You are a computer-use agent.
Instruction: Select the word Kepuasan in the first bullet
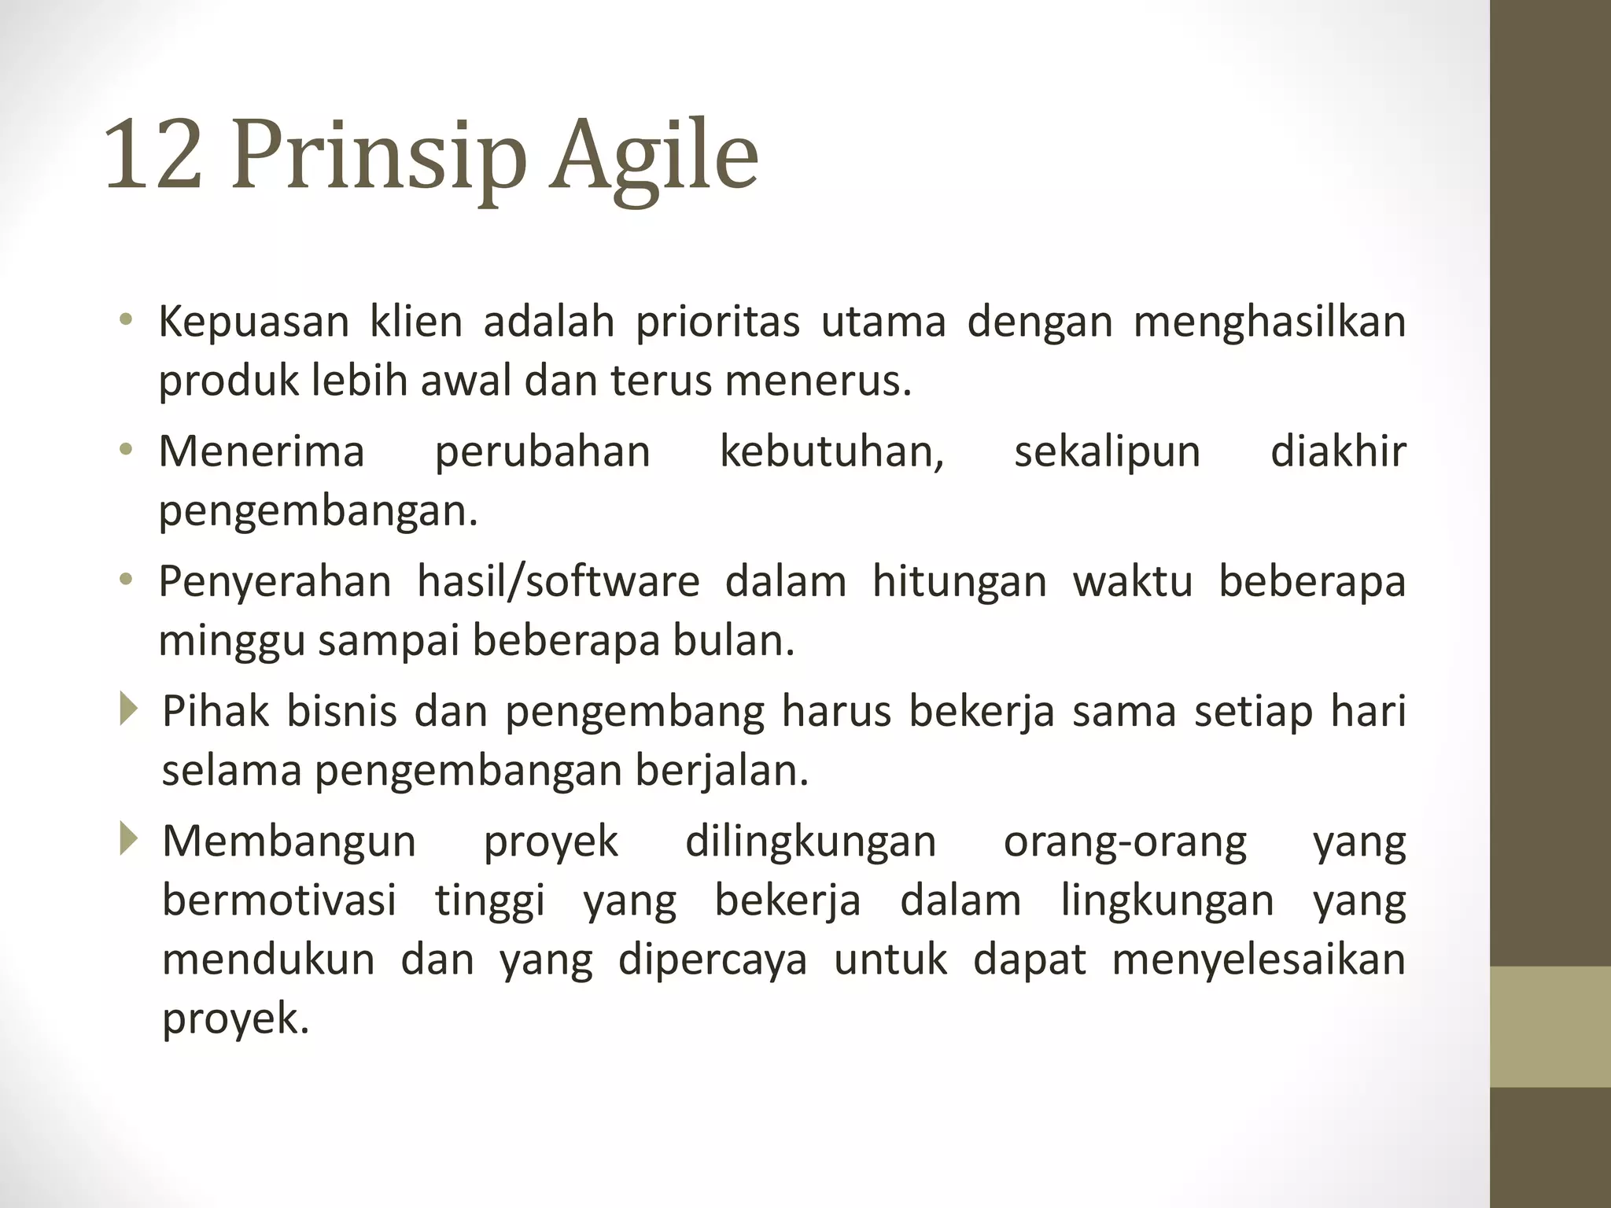pyautogui.click(x=253, y=322)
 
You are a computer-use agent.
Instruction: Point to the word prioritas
pyautogui.click(x=717, y=322)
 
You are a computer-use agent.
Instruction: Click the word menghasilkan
pyautogui.click(x=1269, y=322)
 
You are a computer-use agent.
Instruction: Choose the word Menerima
pyautogui.click(x=261, y=452)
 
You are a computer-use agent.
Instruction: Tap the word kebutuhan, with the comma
pyautogui.click(x=831, y=452)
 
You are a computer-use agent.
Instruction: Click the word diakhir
pyautogui.click(x=1337, y=452)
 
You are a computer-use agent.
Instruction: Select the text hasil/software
pyautogui.click(x=558, y=582)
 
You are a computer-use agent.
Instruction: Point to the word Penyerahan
pyautogui.click(x=275, y=582)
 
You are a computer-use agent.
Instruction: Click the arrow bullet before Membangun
pyautogui.click(x=128, y=839)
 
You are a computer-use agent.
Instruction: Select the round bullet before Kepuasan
pyautogui.click(x=126, y=320)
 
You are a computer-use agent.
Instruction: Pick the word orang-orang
pyautogui.click(x=1125, y=842)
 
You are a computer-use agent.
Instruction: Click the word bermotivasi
pyautogui.click(x=278, y=900)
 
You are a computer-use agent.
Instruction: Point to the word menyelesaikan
pyautogui.click(x=1258, y=959)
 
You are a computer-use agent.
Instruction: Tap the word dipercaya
pyautogui.click(x=712, y=961)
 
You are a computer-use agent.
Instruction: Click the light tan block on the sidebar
pyautogui.click(x=1550, y=1026)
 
